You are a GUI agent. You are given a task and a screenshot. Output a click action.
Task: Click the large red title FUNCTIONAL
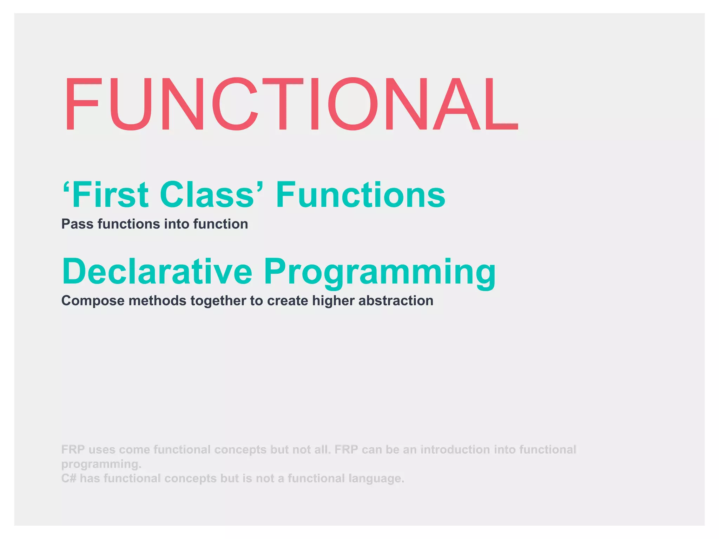click(291, 104)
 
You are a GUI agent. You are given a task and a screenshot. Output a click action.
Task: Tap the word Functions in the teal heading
click(361, 195)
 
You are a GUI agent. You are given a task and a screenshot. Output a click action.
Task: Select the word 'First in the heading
click(106, 195)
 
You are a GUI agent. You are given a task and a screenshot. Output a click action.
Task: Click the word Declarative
click(157, 271)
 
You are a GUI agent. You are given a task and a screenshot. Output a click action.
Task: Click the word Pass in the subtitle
click(77, 224)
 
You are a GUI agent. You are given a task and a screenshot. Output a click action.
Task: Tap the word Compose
click(93, 301)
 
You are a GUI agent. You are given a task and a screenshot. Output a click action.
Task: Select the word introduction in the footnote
click(455, 450)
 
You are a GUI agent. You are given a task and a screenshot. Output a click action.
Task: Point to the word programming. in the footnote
click(101, 464)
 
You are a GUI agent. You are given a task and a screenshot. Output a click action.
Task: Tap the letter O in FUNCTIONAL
click(354, 104)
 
